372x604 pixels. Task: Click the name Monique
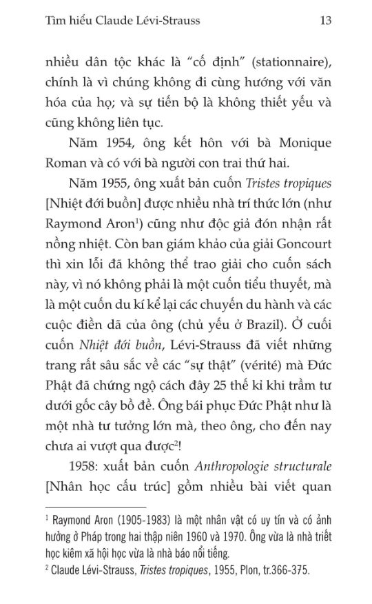[300, 144]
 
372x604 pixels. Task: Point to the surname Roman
[61, 164]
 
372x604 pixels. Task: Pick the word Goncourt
[299, 245]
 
